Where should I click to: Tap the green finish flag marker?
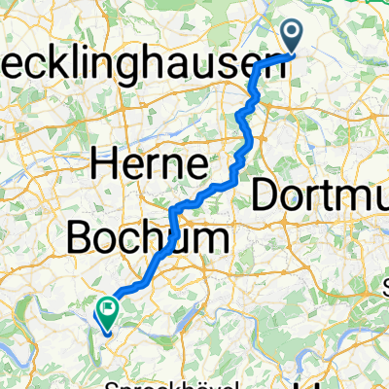click(104, 311)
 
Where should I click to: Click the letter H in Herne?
click(106, 165)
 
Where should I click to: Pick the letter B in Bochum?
click(80, 236)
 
